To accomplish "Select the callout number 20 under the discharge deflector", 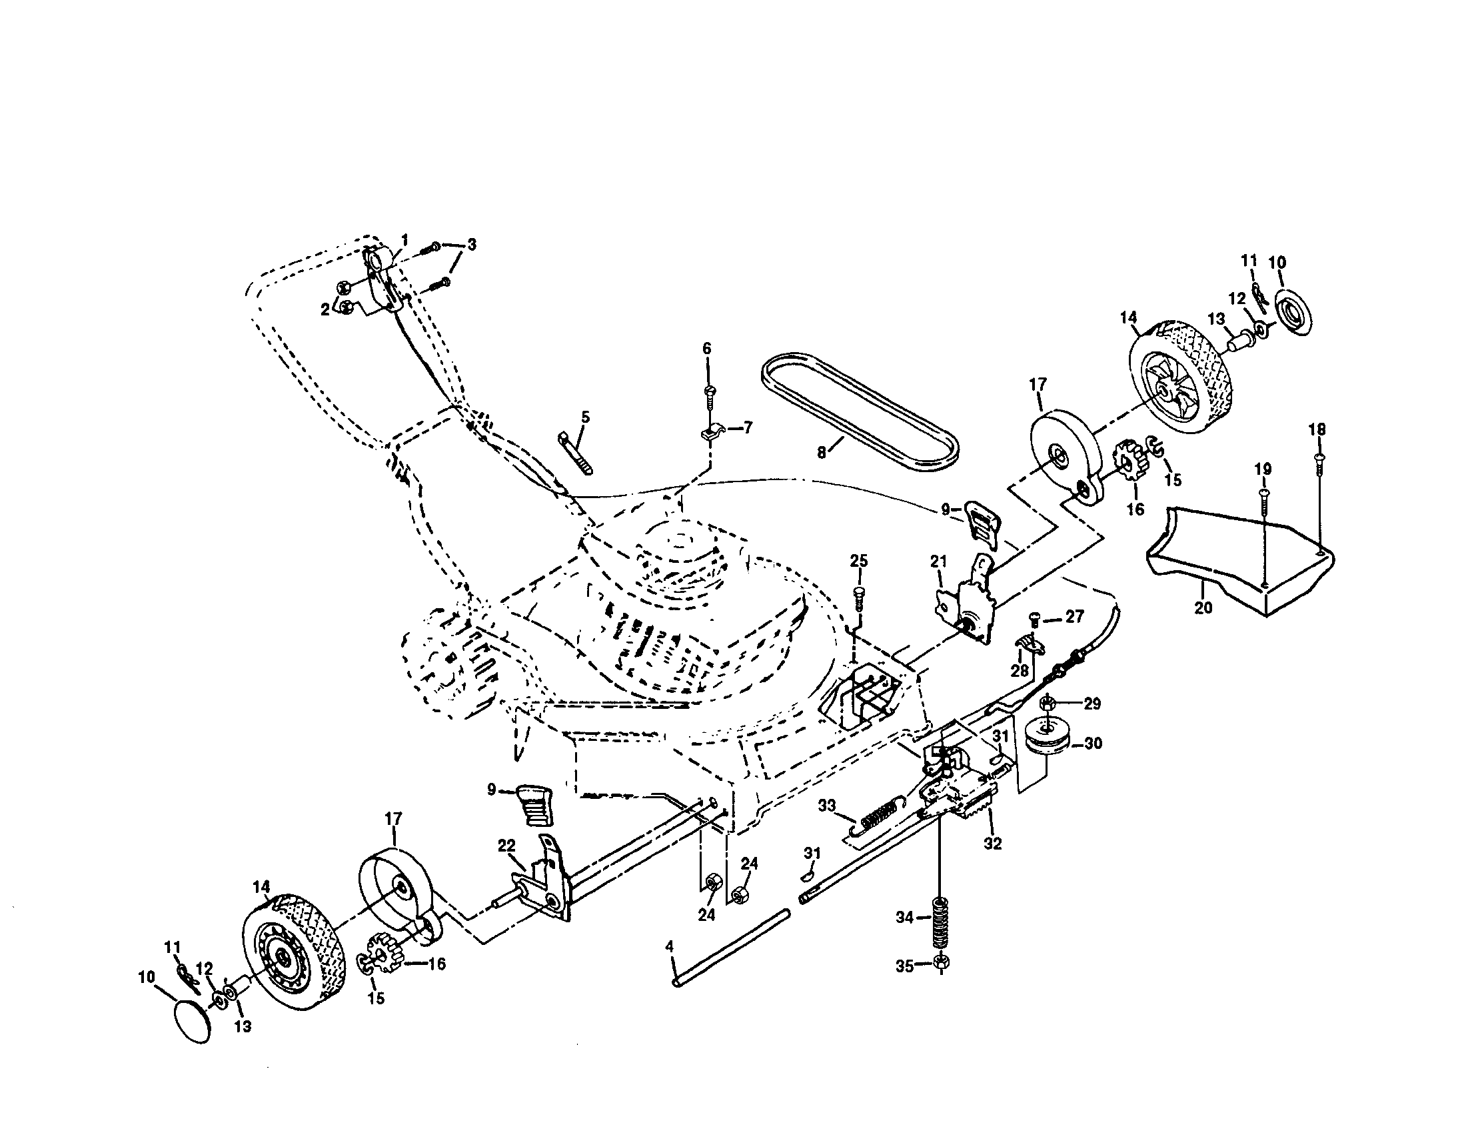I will click(x=1203, y=608).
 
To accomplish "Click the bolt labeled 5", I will click(x=574, y=453).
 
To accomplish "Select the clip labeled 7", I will click(x=713, y=432).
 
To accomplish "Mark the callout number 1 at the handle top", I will click(x=404, y=240).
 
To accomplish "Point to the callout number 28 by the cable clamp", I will click(x=1019, y=671).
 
